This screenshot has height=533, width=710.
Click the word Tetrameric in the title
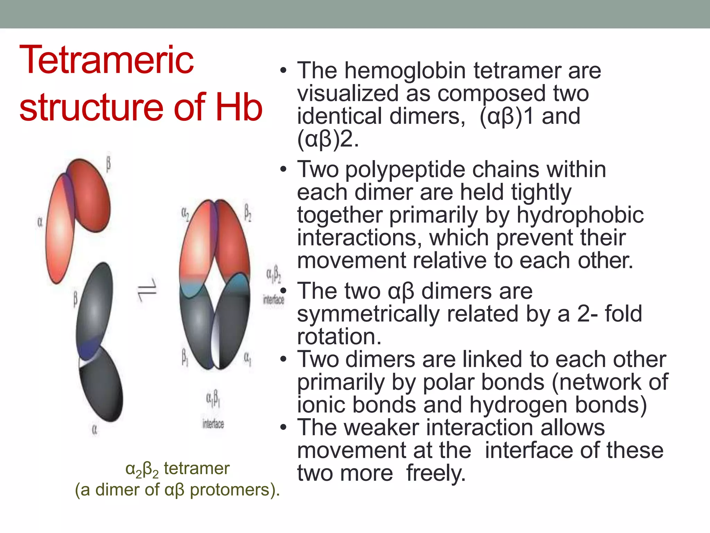coord(106,61)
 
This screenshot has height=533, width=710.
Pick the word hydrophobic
coord(580,215)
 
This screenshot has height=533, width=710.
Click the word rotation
coord(339,337)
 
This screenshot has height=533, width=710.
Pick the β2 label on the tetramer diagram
coord(248,212)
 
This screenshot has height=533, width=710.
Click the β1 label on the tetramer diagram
coord(185,357)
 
